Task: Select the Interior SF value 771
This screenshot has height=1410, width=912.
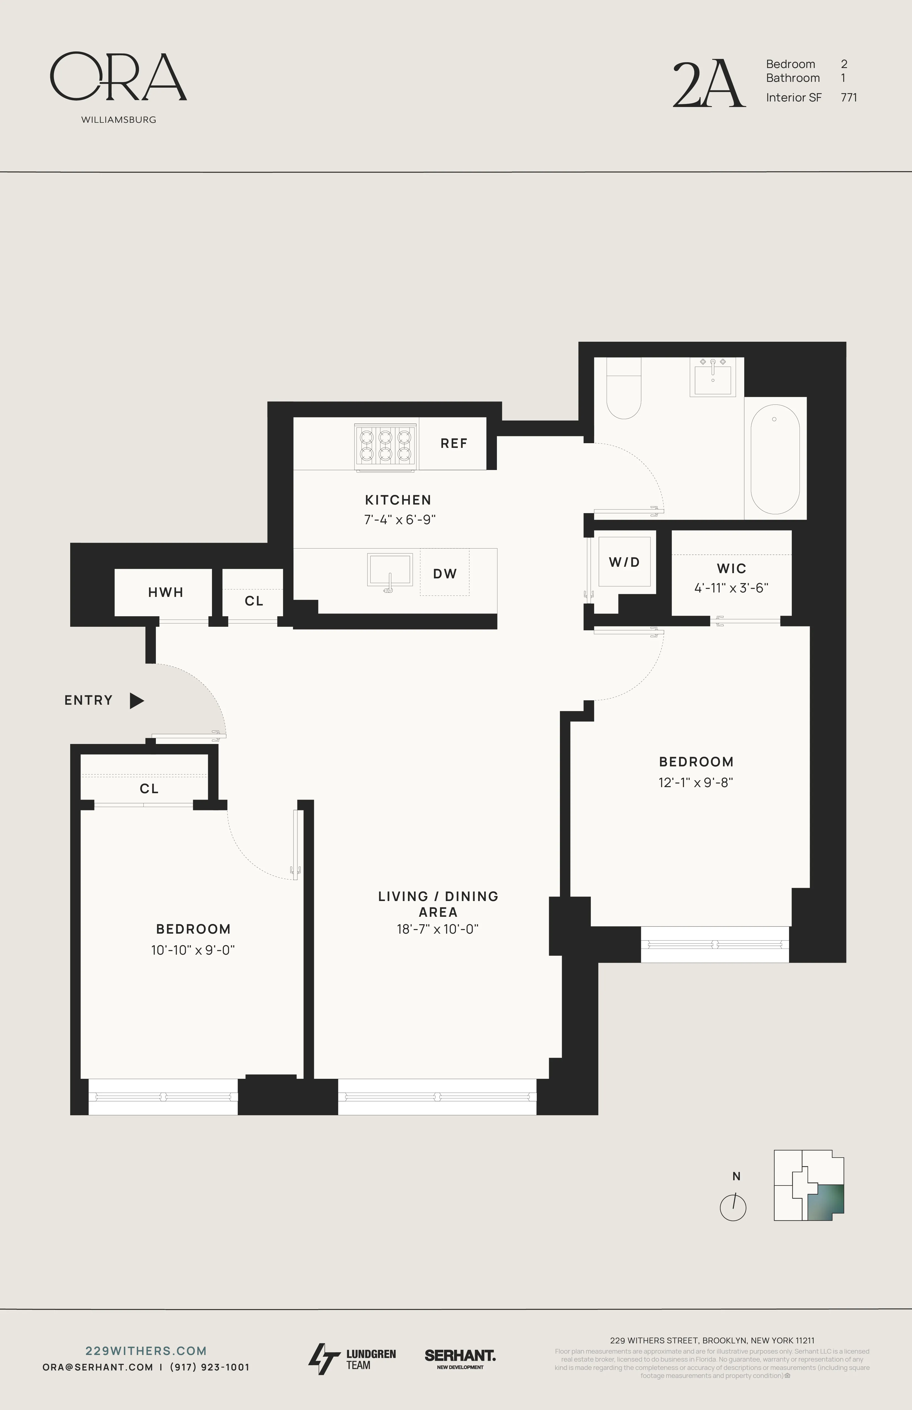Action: (x=848, y=98)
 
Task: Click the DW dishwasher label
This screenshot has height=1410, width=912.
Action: (x=445, y=573)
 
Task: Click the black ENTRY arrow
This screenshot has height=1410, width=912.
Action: (x=137, y=701)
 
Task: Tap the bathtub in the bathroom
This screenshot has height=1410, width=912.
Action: (x=775, y=459)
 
